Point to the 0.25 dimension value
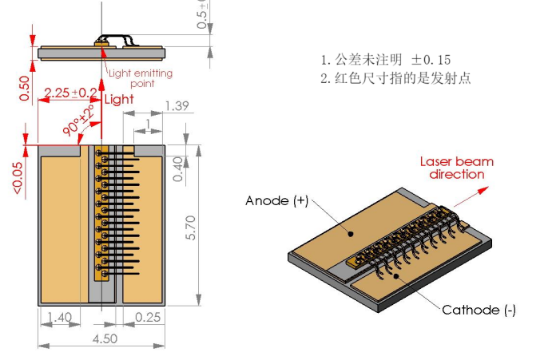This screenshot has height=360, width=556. click(145, 318)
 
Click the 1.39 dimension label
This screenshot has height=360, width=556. click(177, 105)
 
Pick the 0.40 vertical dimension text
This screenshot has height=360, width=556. click(177, 168)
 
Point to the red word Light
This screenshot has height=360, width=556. click(119, 99)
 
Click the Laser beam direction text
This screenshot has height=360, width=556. click(457, 168)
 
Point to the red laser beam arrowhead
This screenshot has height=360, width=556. click(486, 190)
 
